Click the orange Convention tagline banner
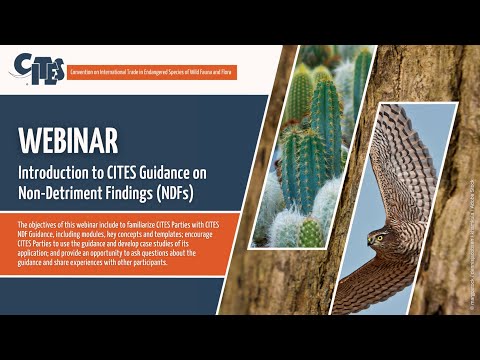pyautogui.click(x=165, y=72)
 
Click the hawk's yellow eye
pyautogui.click(x=382, y=240)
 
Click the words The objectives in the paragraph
pyautogui.click(x=36, y=224)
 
